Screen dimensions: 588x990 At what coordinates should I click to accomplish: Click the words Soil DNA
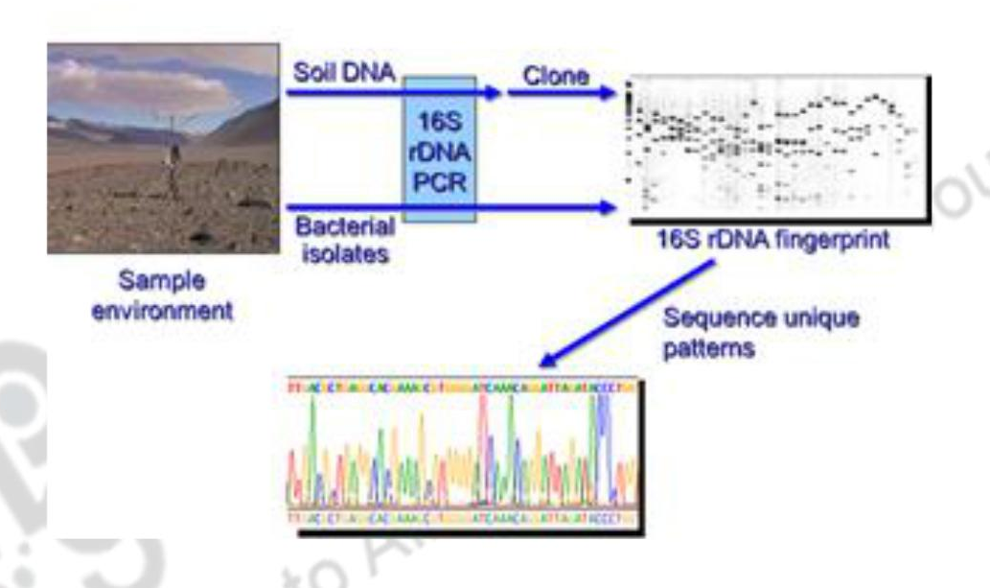343,74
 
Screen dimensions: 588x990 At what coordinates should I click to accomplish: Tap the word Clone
555,76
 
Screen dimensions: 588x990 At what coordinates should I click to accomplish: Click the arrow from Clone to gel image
564,94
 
